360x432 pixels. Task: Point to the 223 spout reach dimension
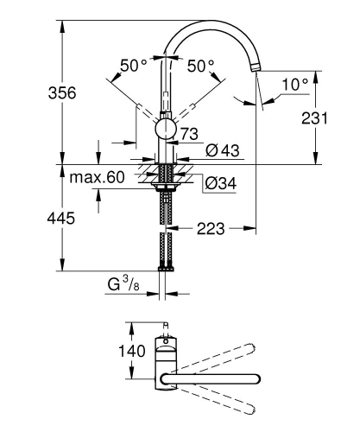[210, 229]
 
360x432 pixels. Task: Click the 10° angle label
[294, 84]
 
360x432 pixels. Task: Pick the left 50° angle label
[134, 66]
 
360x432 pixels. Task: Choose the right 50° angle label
[200, 66]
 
